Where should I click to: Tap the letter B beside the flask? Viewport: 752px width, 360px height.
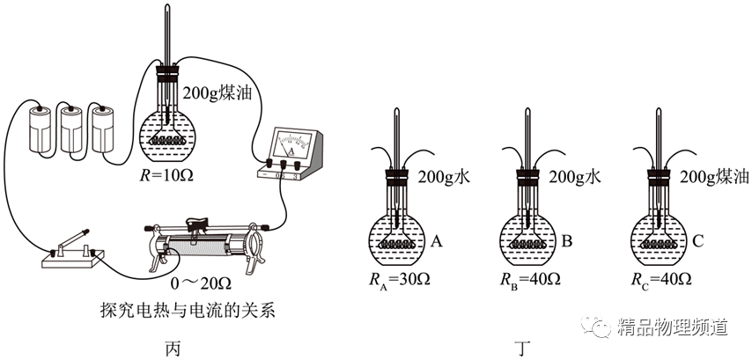point(568,239)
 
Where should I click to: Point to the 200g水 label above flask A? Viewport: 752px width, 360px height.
point(446,177)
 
